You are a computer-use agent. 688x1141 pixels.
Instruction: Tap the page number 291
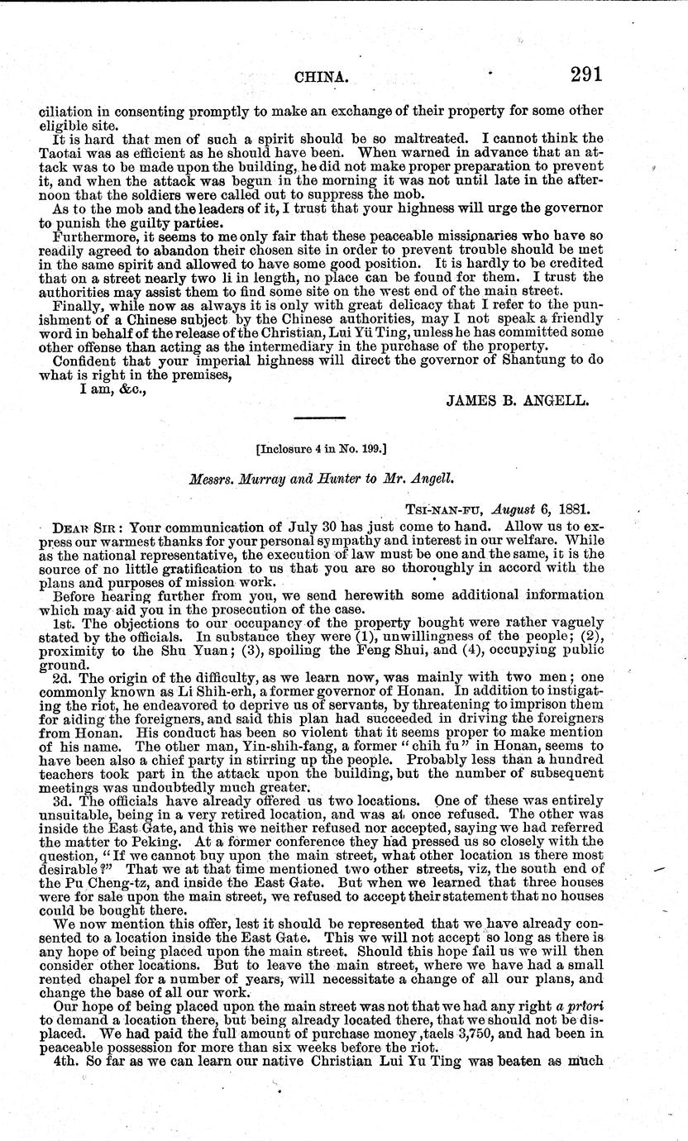585,74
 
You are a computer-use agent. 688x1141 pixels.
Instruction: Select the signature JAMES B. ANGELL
518,401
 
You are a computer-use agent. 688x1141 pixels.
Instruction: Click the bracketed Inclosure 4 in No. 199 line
322,450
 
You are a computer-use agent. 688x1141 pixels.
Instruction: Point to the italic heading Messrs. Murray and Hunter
322,477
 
